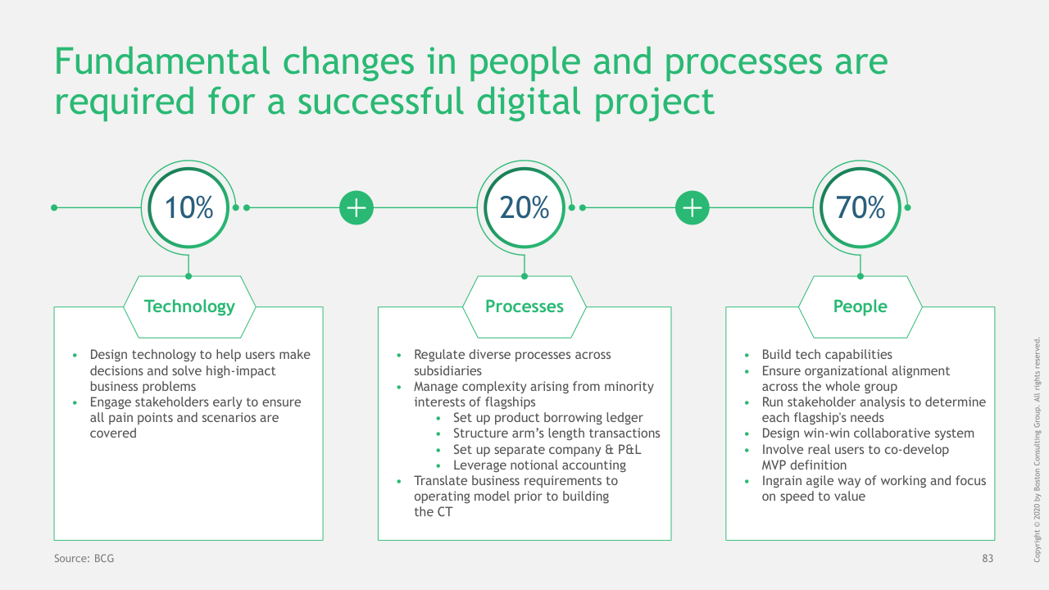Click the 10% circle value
(188, 207)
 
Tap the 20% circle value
(524, 207)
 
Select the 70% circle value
(861, 207)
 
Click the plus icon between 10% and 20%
(356, 207)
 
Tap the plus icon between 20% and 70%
(693, 207)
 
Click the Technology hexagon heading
(189, 306)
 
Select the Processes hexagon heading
(524, 306)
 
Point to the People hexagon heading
(861, 306)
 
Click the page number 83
(988, 558)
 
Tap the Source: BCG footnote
(84, 558)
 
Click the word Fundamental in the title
(162, 61)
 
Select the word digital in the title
(529, 102)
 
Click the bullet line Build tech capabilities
(827, 355)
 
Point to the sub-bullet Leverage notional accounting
(539, 465)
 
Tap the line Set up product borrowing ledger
(548, 418)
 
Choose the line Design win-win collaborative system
(868, 433)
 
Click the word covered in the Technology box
(113, 433)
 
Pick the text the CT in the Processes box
(434, 512)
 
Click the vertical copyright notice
(1037, 450)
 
